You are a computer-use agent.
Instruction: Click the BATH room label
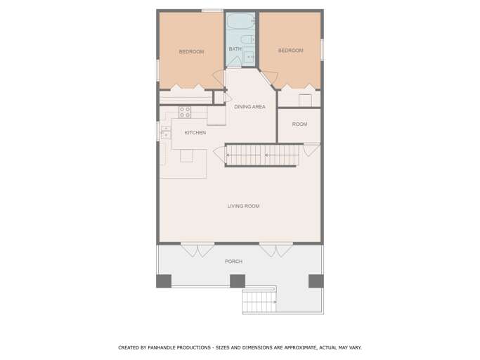pos(235,49)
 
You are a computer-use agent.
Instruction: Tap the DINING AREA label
pos(249,107)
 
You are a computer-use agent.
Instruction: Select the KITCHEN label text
pos(195,133)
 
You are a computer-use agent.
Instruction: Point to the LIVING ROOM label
pos(243,206)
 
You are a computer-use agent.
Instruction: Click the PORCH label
pos(233,262)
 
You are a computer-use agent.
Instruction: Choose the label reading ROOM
pos(299,124)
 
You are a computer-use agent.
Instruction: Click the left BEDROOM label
pos(191,52)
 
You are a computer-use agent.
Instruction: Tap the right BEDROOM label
pos(290,50)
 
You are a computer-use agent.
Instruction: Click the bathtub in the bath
pos(240,21)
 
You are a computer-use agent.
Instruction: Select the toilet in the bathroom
pos(247,39)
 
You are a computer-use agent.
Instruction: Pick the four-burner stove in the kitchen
pos(185,112)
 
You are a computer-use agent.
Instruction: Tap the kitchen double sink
pos(166,132)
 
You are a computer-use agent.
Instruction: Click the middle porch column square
pos(238,281)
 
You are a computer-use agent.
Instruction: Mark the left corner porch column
pos(164,281)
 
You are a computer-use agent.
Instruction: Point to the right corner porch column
pos(316,281)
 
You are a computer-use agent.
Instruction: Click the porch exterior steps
pos(259,301)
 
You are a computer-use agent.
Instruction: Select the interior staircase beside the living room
pos(262,155)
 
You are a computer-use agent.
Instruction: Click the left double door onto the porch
pos(197,250)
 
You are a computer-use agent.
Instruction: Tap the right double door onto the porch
pos(276,250)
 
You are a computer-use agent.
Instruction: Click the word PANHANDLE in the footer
pos(162,347)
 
